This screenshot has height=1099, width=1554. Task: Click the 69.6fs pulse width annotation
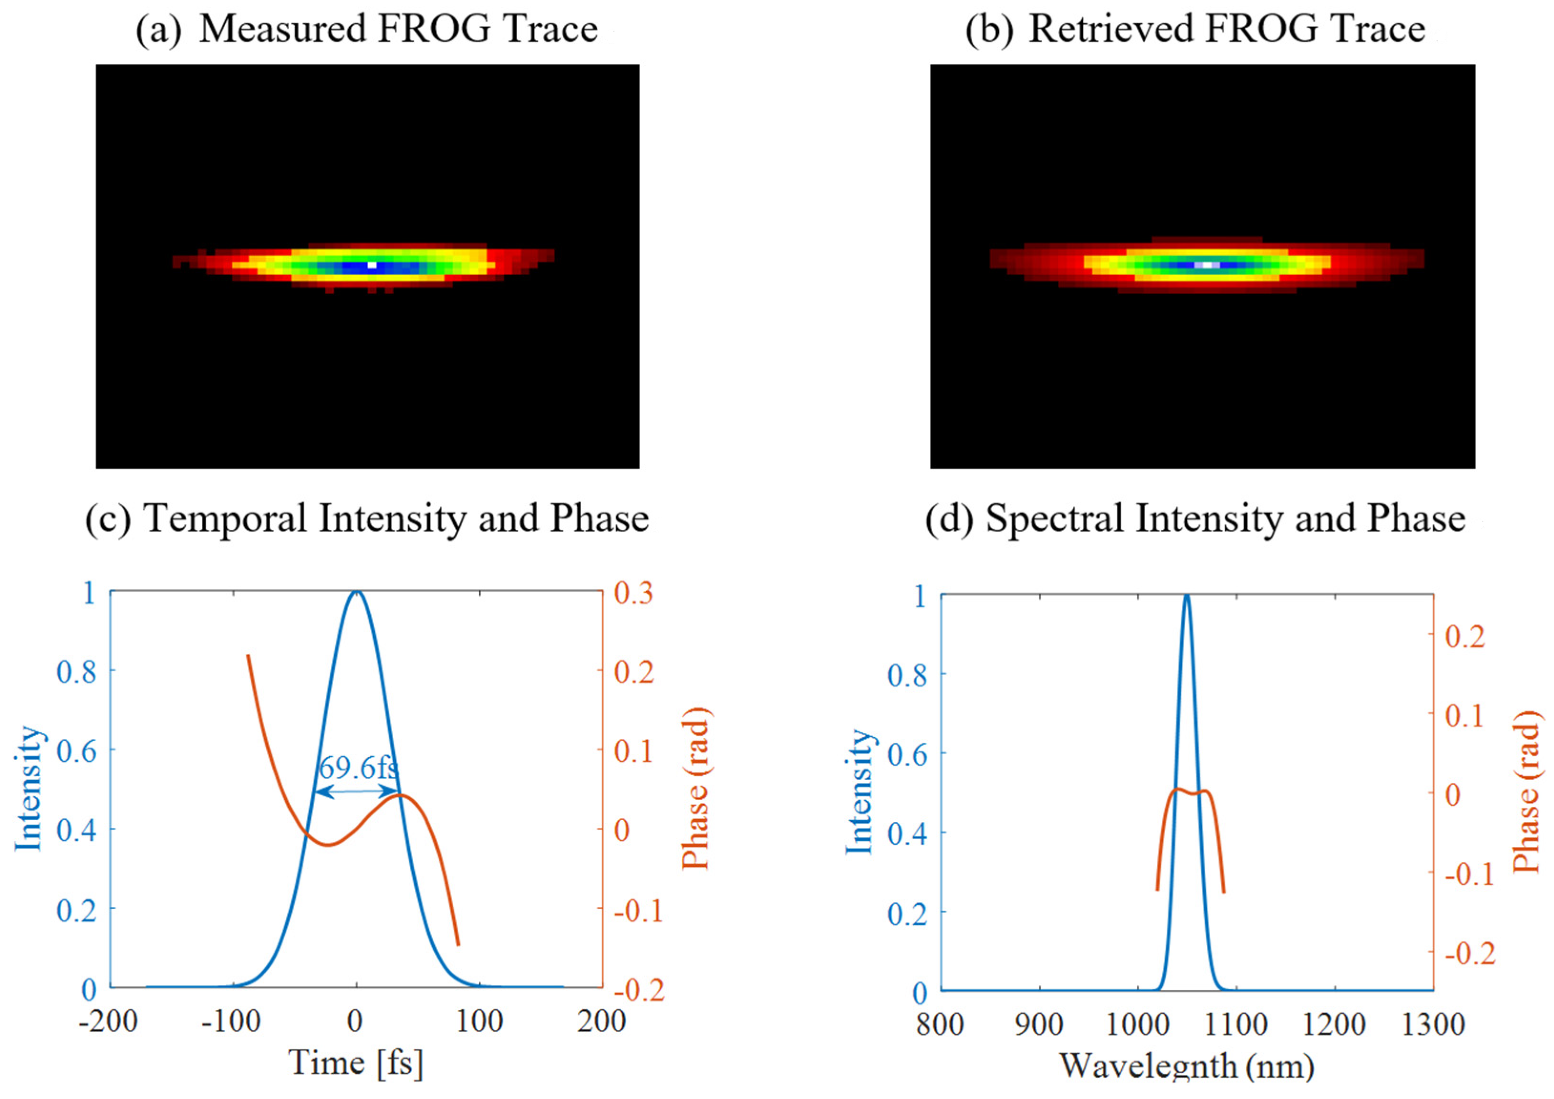[x=359, y=768]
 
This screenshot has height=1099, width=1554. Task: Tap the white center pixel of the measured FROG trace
[x=372, y=265]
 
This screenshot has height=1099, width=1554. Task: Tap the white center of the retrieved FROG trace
[x=1207, y=265]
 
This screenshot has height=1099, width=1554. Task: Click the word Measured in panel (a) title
[x=282, y=29]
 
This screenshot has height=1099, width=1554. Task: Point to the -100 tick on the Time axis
[x=231, y=1021]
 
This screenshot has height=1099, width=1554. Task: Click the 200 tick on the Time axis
[x=601, y=1021]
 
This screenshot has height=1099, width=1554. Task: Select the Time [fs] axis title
[x=356, y=1063]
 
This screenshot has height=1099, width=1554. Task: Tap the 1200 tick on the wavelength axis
[x=1334, y=1025]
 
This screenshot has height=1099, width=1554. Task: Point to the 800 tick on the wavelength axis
[x=940, y=1025]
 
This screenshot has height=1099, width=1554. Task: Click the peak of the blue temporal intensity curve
[x=356, y=592]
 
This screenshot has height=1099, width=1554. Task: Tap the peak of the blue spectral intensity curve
[x=1186, y=596]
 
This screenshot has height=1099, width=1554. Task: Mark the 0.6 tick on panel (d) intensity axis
[x=907, y=754]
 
